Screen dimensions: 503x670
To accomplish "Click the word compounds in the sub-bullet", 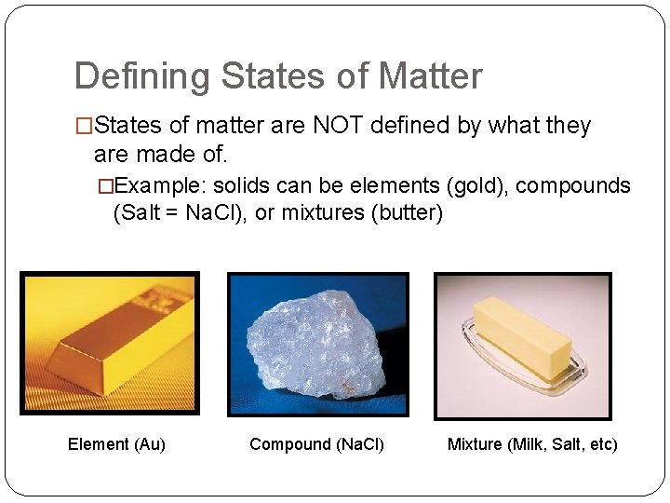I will (573, 185).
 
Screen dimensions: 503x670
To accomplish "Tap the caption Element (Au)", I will (116, 444).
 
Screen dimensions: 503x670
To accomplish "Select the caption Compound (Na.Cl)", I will (316, 444).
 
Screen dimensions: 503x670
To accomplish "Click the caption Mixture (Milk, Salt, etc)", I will (532, 444).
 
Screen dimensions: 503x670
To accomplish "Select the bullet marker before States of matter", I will (84, 126).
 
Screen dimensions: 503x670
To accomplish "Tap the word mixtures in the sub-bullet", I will (328, 212).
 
